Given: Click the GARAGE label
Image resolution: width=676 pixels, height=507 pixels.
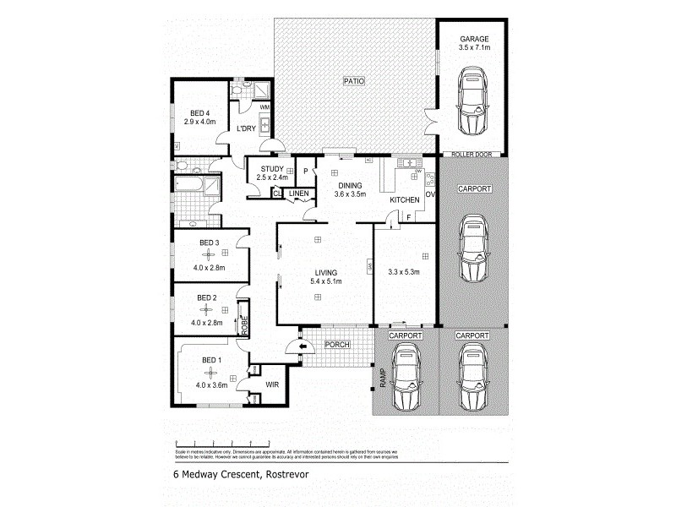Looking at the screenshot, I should pyautogui.click(x=473, y=39).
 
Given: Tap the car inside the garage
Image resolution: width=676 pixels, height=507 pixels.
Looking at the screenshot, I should pyautogui.click(x=472, y=101).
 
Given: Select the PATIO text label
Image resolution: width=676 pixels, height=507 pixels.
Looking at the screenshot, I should pyautogui.click(x=352, y=81).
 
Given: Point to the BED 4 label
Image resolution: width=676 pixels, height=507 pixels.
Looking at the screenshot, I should pyautogui.click(x=199, y=113).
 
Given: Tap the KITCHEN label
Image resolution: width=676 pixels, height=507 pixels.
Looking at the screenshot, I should pyautogui.click(x=405, y=199).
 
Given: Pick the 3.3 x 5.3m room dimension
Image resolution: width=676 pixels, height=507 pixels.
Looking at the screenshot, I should pyautogui.click(x=404, y=272).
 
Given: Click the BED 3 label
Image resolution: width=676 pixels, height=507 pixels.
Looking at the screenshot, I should pyautogui.click(x=208, y=243).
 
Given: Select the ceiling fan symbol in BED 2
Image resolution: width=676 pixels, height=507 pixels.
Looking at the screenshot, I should pyautogui.click(x=208, y=309).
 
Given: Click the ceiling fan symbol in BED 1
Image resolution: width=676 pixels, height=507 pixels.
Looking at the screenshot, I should pyautogui.click(x=208, y=373).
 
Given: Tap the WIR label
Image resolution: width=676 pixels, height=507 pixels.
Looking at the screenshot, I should pyautogui.click(x=272, y=384).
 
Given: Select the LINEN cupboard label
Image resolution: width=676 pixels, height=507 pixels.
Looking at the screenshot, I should pyautogui.click(x=299, y=194).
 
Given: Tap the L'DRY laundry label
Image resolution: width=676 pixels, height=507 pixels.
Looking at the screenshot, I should pyautogui.click(x=246, y=128).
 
